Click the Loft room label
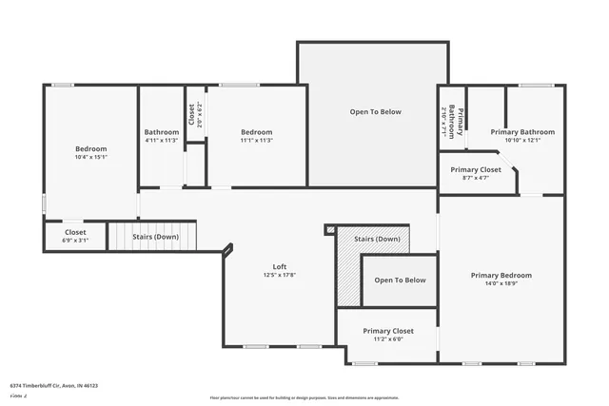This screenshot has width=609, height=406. pyautogui.click(x=279, y=266)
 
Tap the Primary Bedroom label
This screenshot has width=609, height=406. pyautogui.click(x=501, y=275)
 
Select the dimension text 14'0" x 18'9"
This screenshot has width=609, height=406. pyautogui.click(x=501, y=284)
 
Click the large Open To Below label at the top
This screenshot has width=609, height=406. pyautogui.click(x=375, y=112)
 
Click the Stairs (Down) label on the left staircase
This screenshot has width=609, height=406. pyautogui.click(x=155, y=236)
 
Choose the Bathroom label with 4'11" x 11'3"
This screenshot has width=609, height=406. pyautogui.click(x=162, y=132)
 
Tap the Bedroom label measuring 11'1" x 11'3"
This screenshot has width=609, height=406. pyautogui.click(x=257, y=132)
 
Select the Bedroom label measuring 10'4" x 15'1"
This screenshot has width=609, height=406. pyautogui.click(x=91, y=148)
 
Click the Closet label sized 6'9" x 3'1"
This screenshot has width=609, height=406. pyautogui.click(x=75, y=232)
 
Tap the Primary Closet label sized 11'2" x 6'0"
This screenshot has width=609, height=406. pyautogui.click(x=388, y=331)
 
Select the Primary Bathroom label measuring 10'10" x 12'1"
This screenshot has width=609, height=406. pyautogui.click(x=522, y=132)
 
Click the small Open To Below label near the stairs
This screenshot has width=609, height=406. pyautogui.click(x=400, y=280)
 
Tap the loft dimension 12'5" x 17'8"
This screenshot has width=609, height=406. pyautogui.click(x=279, y=276)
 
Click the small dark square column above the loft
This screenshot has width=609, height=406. pyautogui.click(x=330, y=228)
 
